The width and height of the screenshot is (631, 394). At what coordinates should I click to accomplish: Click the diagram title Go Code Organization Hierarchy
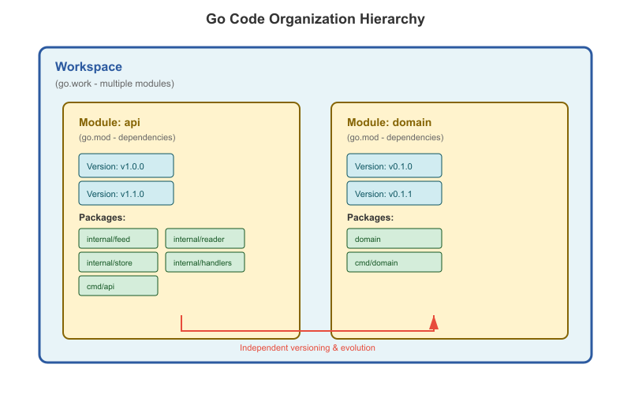click(315, 19)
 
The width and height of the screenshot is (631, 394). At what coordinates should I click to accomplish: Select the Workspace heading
click(88, 67)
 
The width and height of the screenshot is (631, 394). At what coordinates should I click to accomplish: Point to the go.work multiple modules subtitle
click(114, 84)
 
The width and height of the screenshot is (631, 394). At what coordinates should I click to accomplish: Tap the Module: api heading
click(110, 122)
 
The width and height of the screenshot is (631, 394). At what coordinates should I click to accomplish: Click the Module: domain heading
click(389, 122)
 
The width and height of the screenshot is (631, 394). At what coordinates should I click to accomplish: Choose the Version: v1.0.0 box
click(126, 165)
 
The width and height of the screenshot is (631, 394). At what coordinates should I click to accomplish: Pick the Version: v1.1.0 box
click(126, 193)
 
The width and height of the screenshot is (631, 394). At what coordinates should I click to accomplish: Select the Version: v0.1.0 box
click(394, 165)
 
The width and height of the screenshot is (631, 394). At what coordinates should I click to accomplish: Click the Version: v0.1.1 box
click(394, 193)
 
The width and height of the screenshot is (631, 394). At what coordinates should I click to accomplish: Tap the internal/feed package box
click(118, 239)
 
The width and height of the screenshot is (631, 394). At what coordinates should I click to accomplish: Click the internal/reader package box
click(205, 239)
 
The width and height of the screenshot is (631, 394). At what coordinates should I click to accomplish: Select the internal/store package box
click(118, 262)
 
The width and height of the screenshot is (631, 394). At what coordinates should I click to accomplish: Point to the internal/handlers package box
click(205, 262)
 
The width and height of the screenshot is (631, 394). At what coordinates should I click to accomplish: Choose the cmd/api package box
click(118, 286)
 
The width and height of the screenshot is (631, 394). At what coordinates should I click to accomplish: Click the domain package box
click(394, 239)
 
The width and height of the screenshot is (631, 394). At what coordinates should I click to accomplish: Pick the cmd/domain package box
click(394, 262)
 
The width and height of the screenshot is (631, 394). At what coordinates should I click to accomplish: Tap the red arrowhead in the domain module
click(434, 322)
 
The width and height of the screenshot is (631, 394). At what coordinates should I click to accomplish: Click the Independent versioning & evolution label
click(308, 348)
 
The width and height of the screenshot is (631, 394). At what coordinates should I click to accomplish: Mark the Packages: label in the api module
click(103, 217)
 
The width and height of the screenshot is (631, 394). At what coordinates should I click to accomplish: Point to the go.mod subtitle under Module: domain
click(395, 137)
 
